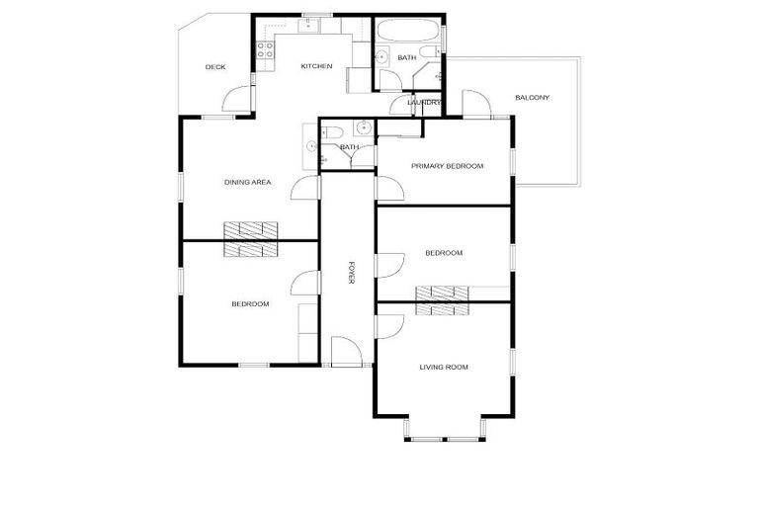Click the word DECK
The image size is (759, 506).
click(215, 67)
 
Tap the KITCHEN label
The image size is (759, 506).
click(316, 66)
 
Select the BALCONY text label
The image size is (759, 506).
click(532, 97)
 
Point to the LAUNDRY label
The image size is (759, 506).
click(424, 102)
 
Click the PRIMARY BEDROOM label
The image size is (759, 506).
click(448, 166)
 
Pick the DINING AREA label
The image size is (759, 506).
click(248, 182)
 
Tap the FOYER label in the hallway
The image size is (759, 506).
click(351, 274)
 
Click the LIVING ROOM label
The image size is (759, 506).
click(444, 367)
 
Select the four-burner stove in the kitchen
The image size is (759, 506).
click(266, 48)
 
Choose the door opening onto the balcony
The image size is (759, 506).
click(473, 105)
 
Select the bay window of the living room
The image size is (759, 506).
click(444, 428)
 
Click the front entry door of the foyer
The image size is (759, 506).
click(345, 352)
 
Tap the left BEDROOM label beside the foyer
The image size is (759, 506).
click(250, 303)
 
